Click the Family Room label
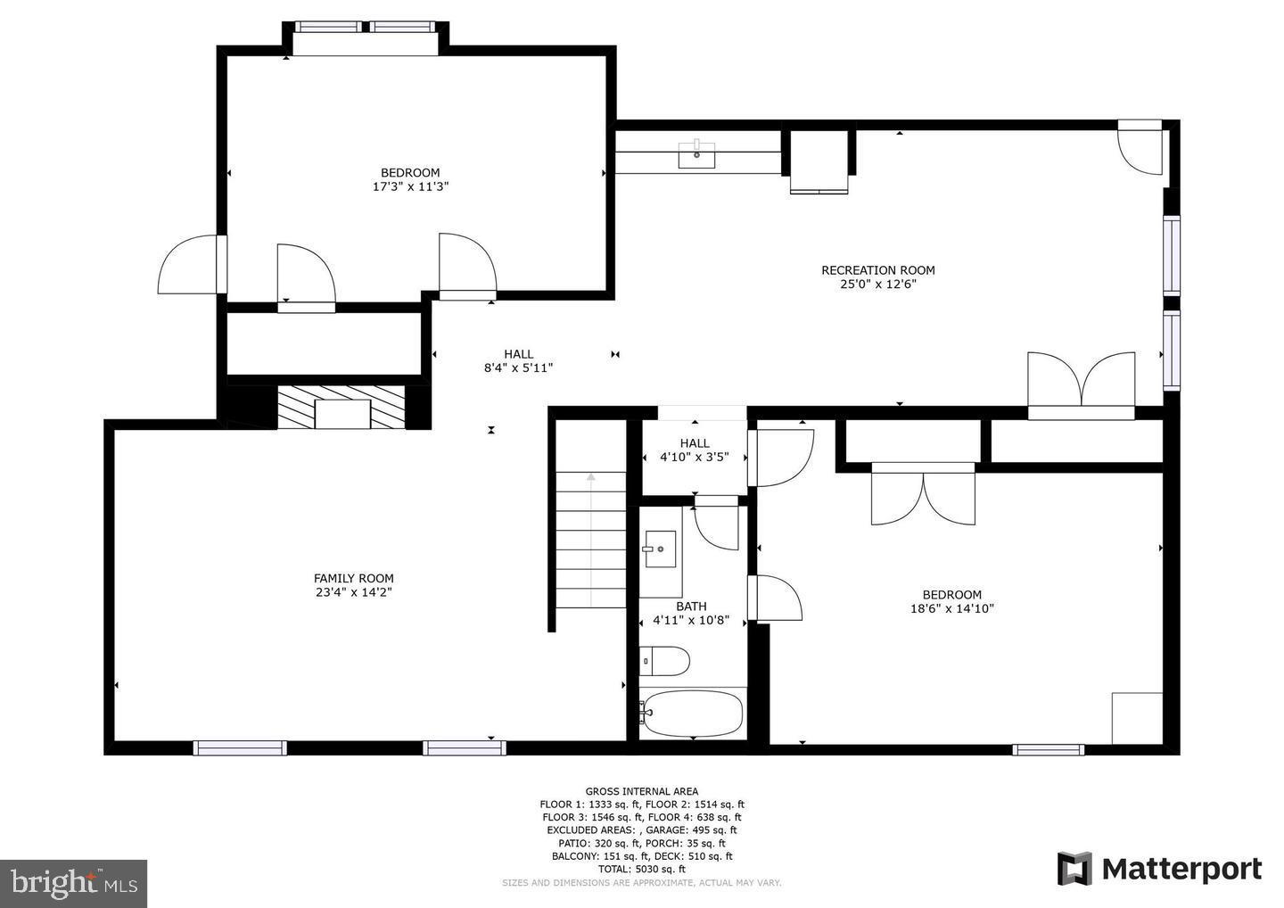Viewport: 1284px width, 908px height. [353, 578]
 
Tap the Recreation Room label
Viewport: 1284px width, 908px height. [877, 270]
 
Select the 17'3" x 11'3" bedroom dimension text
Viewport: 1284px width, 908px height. [410, 187]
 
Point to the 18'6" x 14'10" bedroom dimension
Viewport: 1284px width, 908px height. [951, 609]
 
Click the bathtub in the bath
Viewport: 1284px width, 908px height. [693, 714]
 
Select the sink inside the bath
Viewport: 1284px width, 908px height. [660, 549]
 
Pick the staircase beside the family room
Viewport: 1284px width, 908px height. [591, 541]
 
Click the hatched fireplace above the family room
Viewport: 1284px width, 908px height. [342, 408]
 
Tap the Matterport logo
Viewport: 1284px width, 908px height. [1159, 869]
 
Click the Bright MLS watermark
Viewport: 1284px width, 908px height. [73, 883]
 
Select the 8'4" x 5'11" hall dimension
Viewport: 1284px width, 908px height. [518, 367]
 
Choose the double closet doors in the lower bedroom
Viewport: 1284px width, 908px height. [923, 495]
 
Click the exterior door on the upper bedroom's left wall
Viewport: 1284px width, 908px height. [189, 265]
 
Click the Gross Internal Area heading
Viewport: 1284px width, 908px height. [641, 791]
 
